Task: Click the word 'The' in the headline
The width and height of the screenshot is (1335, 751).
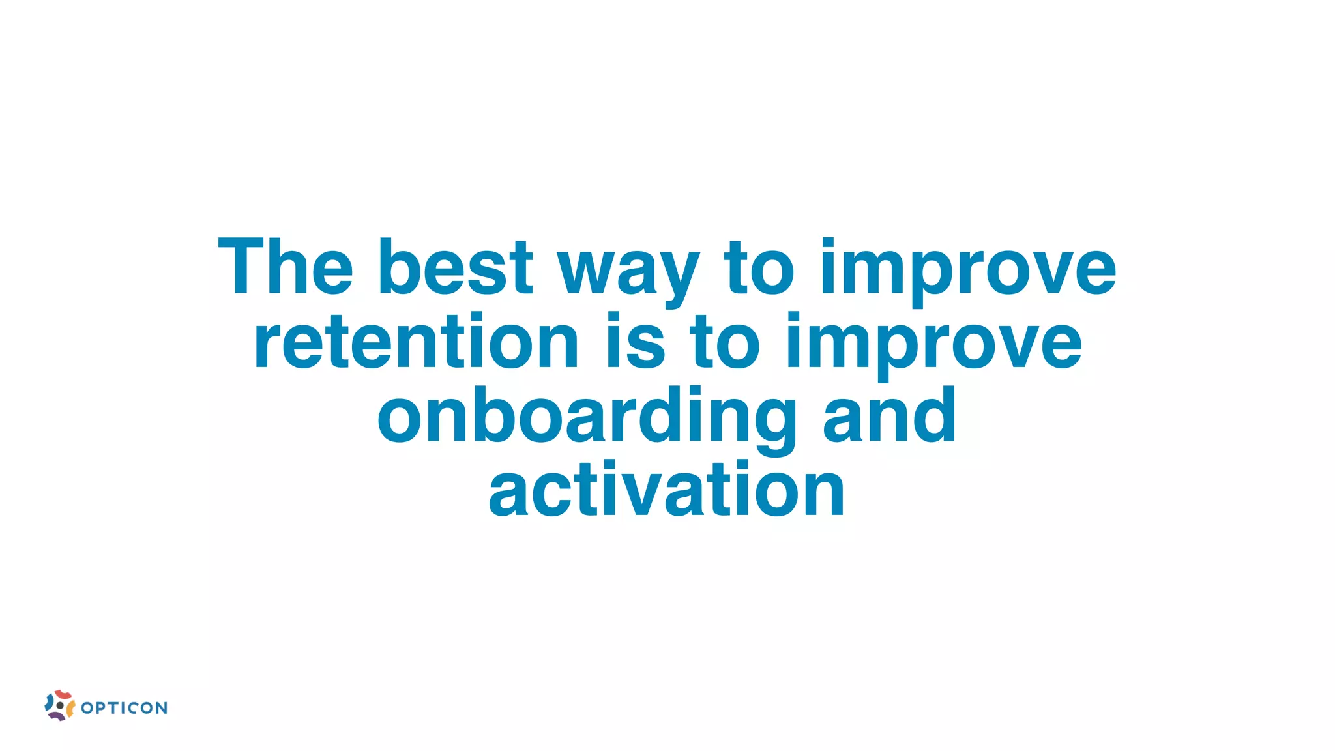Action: coord(285,267)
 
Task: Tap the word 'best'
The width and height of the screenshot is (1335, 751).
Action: coord(455,267)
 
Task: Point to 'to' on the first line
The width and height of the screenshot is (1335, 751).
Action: coord(759,267)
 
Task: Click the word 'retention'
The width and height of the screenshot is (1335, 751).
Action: coord(416,342)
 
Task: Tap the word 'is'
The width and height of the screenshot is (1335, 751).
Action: coord(636,342)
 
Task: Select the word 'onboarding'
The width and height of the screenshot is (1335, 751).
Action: coord(587,417)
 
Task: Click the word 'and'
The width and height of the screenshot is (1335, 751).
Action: coord(889,415)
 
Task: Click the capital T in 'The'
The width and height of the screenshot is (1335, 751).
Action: coord(242,267)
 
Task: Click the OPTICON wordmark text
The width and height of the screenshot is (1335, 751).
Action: coord(125,708)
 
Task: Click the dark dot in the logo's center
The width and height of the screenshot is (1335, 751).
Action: coord(60,705)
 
